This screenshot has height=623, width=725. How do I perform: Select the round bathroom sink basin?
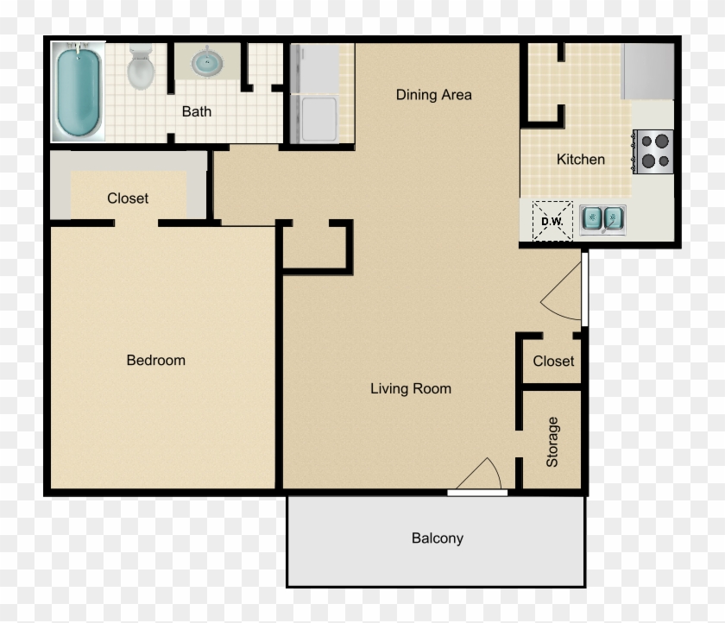click(205, 62)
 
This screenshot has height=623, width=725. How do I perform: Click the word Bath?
click(196, 111)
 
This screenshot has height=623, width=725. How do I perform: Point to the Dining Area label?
click(433, 95)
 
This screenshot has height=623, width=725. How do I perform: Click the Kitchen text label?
click(580, 159)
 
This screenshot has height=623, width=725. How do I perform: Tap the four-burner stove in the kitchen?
click(653, 151)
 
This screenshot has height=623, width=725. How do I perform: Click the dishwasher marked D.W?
click(552, 220)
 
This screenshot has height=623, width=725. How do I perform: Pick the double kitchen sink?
click(602, 219)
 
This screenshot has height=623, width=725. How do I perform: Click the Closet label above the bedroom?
click(128, 198)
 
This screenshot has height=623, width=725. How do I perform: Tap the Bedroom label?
click(156, 360)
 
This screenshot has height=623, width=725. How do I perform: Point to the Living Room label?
click(411, 389)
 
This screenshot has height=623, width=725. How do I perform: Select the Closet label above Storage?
click(553, 362)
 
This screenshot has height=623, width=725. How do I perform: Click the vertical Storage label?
click(552, 442)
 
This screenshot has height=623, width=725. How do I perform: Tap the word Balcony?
click(437, 538)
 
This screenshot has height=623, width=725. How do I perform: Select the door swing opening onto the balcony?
click(480, 475)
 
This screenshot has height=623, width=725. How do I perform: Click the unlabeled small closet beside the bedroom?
click(315, 246)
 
